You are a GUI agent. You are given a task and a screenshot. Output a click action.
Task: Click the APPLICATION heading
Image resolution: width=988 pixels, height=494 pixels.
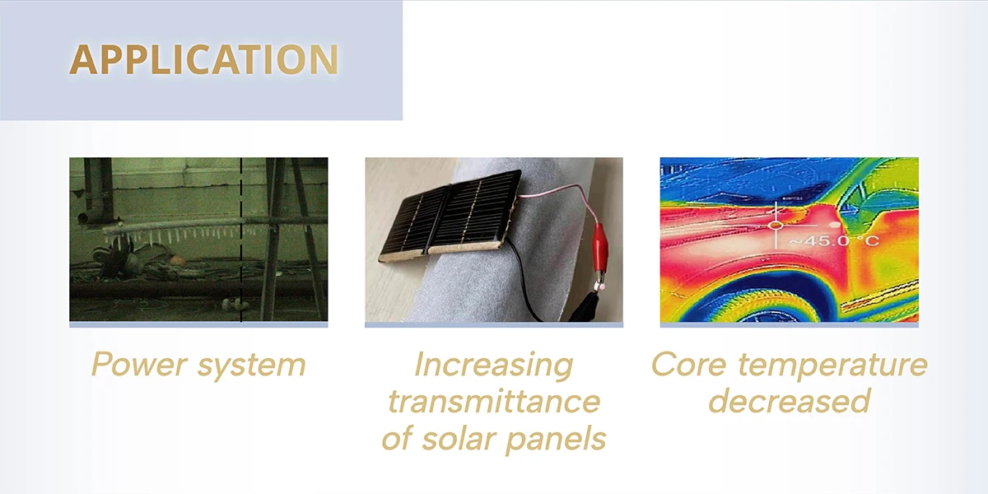204,59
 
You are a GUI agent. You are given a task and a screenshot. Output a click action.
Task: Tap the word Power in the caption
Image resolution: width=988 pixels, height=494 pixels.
138,364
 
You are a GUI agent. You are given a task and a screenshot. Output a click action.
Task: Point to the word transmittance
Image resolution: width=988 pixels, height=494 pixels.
493,401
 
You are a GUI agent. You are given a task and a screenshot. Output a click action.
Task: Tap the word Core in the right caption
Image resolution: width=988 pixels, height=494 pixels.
688,365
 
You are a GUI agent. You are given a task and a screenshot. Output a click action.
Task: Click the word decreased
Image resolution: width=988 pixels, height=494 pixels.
789,400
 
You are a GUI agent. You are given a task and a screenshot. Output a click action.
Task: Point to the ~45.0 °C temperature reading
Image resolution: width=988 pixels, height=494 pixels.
833,240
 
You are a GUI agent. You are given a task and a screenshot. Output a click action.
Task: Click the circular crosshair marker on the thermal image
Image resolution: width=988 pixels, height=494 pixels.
776,226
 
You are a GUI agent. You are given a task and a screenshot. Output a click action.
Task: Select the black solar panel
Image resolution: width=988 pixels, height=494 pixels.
451,211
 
